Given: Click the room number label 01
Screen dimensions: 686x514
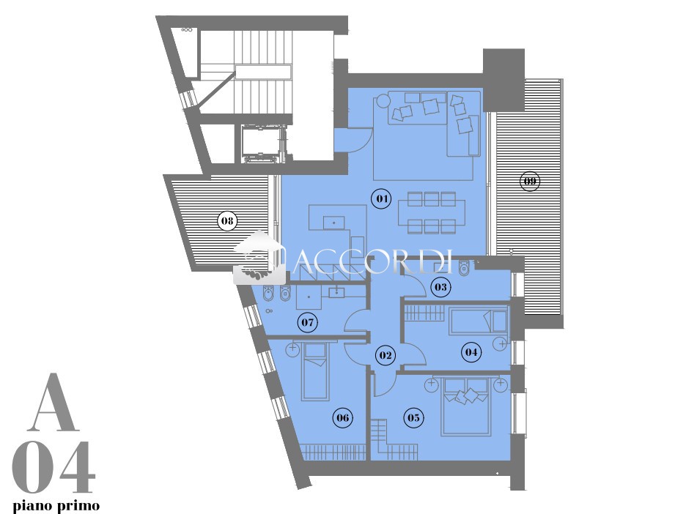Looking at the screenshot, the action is tap(382, 199).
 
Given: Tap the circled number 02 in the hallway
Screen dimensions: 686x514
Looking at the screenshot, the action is tap(386, 355).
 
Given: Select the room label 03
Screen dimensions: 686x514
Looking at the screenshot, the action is tap(440, 287).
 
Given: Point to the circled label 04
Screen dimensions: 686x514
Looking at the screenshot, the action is tap(471, 352).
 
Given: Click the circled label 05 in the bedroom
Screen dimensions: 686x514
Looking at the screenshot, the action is tap(413, 417).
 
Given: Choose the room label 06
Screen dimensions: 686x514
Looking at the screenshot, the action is tap(342, 417).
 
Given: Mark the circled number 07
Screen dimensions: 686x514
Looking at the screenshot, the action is tap(308, 323).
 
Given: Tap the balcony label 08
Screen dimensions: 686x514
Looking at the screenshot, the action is tap(227, 220).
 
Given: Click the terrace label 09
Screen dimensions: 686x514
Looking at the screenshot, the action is tap(530, 181).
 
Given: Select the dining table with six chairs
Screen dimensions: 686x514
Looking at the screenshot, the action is tap(432, 212).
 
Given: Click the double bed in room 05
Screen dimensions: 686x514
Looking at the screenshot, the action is tap(465, 406).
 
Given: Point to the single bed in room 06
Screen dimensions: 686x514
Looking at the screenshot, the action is tap(315, 371).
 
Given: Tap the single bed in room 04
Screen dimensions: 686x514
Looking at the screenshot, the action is tap(479, 321).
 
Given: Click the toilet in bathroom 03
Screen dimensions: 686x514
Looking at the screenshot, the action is tap(464, 267).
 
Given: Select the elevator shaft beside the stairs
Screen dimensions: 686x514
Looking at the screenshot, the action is tap(263, 144).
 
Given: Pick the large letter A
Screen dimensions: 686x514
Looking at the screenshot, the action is tap(56, 402).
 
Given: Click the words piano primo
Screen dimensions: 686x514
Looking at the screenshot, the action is tap(56, 506).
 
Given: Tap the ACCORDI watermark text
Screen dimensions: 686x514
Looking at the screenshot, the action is tap(372, 261).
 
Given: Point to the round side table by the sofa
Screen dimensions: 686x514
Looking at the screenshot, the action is tap(383, 101).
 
